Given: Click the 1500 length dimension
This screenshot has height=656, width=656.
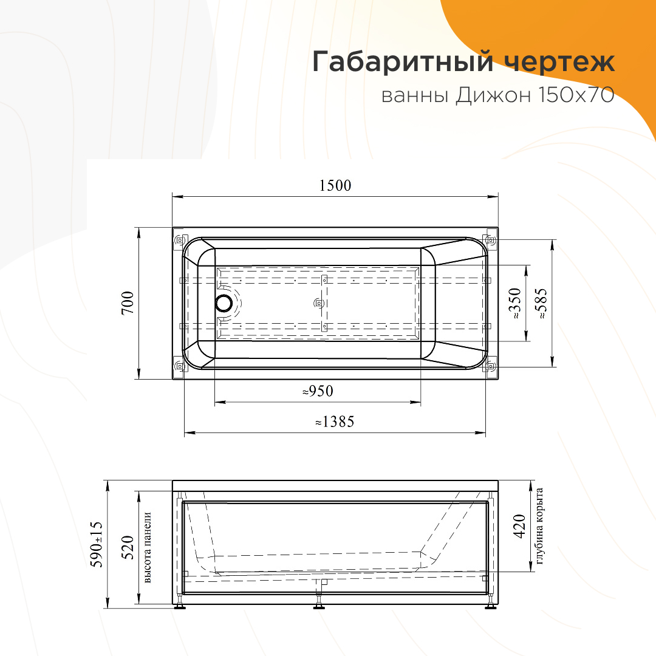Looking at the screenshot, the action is pyautogui.click(x=335, y=185).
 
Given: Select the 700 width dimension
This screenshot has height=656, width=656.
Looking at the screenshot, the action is pyautogui.click(x=128, y=303).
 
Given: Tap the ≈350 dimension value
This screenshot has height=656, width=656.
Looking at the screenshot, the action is pyautogui.click(x=515, y=303).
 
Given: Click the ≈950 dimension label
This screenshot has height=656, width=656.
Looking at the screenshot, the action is pyautogui.click(x=318, y=391).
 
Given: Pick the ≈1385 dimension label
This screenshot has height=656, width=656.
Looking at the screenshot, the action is pyautogui.click(x=335, y=422).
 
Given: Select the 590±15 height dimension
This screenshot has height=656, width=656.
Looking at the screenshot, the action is pyautogui.click(x=97, y=544).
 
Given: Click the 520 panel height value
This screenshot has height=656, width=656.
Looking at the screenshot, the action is pyautogui.click(x=128, y=547).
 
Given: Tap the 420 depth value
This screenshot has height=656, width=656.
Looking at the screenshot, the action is pyautogui.click(x=519, y=526).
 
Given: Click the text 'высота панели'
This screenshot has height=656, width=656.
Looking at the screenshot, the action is pyautogui.click(x=147, y=548).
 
